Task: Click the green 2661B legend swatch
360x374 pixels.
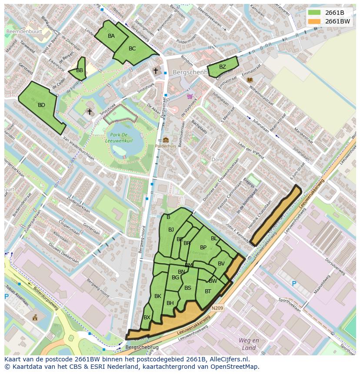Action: tap(314, 13)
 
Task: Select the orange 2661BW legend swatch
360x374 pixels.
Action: tap(314, 21)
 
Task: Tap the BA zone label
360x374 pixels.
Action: tap(111, 36)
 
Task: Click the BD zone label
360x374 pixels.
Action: tap(41, 105)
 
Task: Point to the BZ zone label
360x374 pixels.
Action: tap(222, 67)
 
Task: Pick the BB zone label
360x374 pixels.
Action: tap(80, 70)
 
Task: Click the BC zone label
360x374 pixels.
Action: tap(132, 49)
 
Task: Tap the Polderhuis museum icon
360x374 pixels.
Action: tap(166, 140)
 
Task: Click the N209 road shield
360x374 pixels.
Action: tap(217, 308)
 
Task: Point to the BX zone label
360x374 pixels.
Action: tap(147, 318)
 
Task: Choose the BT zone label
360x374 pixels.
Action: tap(208, 291)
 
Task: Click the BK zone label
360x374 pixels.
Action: tap(158, 296)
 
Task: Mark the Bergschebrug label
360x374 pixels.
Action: tap(142, 348)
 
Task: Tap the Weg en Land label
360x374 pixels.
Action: tap(249, 344)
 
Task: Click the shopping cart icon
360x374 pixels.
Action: tap(189, 96)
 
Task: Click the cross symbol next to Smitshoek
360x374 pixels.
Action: tap(90, 112)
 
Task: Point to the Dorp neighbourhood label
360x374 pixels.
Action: tap(217, 160)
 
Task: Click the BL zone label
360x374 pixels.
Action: tap(214, 238)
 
